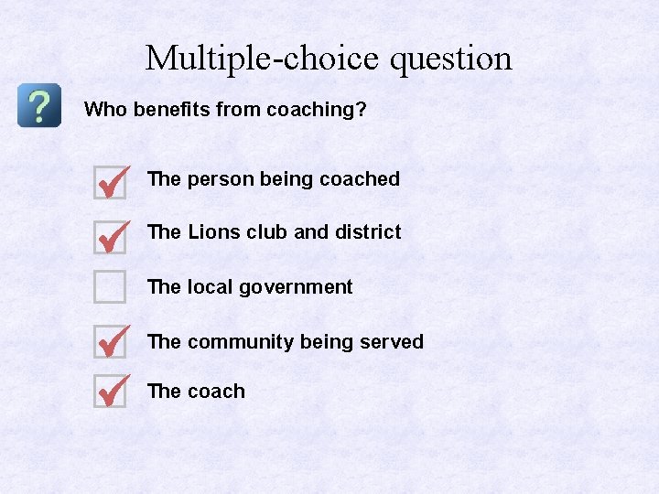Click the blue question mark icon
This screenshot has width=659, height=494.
[39, 106]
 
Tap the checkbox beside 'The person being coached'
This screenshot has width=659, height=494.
[110, 182]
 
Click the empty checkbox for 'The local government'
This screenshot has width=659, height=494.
[110, 287]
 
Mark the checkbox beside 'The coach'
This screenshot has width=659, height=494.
[110, 392]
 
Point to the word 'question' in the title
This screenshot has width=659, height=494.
[451, 59]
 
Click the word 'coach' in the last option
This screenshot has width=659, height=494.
[216, 392]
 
